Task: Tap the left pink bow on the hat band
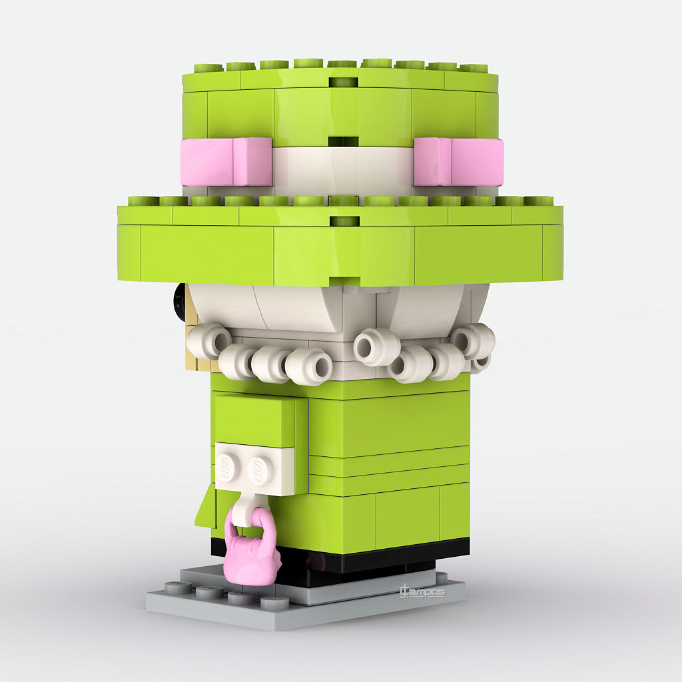click(x=226, y=161)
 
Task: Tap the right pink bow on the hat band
click(x=458, y=161)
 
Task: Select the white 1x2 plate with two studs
click(x=254, y=470)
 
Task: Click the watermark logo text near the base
click(x=422, y=591)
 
